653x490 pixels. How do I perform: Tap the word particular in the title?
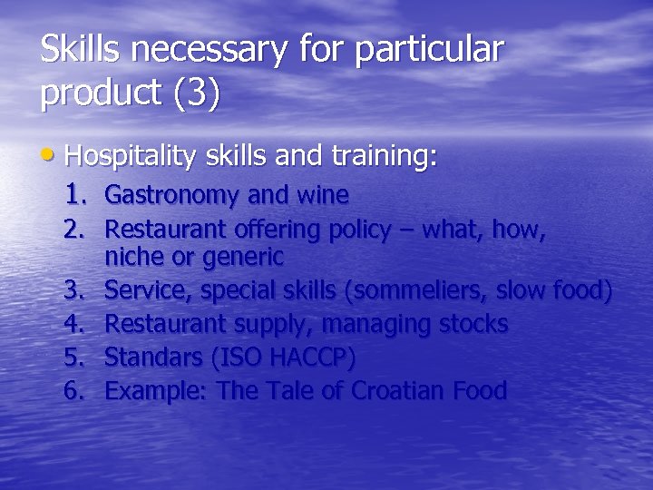(x=428, y=50)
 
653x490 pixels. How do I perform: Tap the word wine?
(x=324, y=194)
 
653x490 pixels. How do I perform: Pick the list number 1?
(x=77, y=193)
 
